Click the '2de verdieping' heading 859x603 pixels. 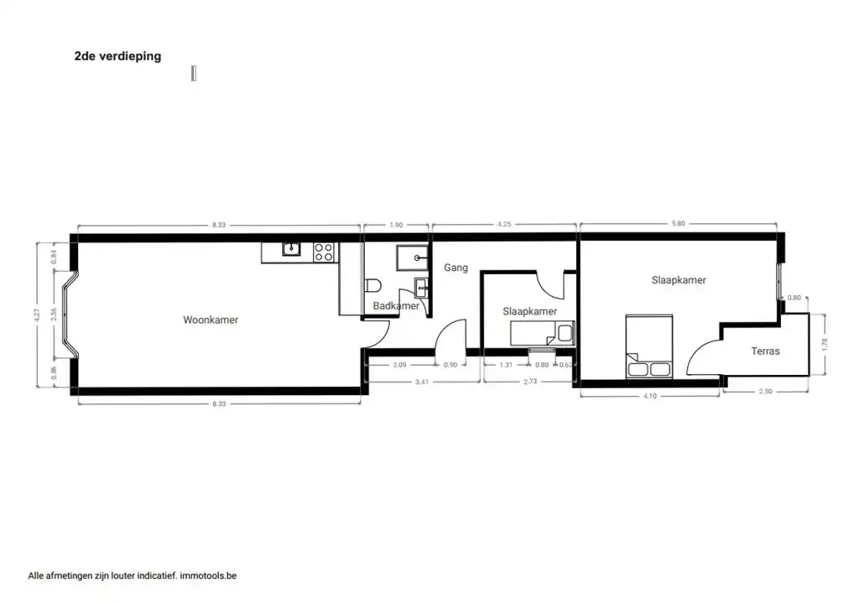click(x=117, y=56)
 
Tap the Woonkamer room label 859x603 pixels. click(x=211, y=320)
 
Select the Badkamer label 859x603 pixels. click(x=396, y=305)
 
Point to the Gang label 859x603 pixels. click(x=456, y=268)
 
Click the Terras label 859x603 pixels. click(x=765, y=351)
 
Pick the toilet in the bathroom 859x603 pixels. click(x=372, y=286)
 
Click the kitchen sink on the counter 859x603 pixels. click(x=291, y=249)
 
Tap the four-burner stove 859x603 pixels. click(x=324, y=252)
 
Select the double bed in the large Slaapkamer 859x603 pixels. click(x=649, y=346)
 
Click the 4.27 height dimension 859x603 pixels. click(x=37, y=314)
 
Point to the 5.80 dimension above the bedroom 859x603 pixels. click(x=678, y=223)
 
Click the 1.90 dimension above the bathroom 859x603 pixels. click(x=396, y=225)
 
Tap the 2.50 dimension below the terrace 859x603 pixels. click(x=765, y=391)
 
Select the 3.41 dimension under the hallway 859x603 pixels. click(x=422, y=382)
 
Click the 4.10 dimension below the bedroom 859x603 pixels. click(x=650, y=395)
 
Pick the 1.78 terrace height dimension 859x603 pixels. click(x=825, y=345)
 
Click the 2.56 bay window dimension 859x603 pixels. click(x=54, y=314)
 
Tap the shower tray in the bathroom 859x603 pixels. click(x=413, y=257)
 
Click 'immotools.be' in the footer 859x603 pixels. click(x=208, y=575)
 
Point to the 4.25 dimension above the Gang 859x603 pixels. click(x=504, y=224)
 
